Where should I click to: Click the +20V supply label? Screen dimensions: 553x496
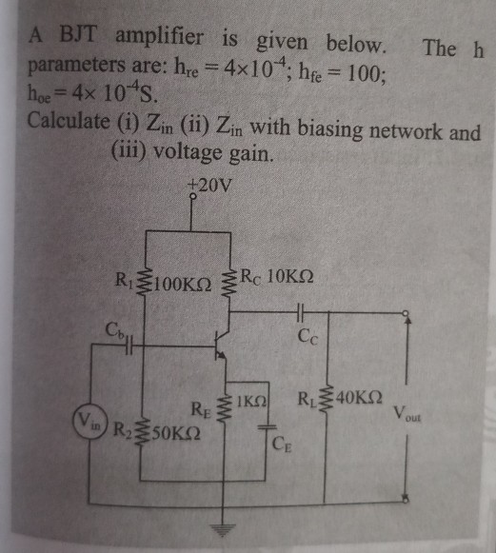[x=208, y=184]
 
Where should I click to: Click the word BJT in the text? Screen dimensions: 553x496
[x=81, y=38]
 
